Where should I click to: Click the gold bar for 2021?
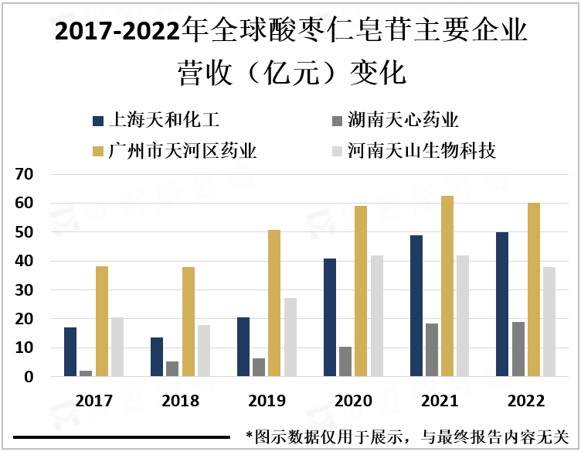[447, 286]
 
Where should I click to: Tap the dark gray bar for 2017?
[85, 373]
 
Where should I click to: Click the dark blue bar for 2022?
[502, 304]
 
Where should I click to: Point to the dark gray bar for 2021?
[433, 350]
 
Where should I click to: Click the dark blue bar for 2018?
[157, 357]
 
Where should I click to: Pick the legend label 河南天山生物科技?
[421, 150]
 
